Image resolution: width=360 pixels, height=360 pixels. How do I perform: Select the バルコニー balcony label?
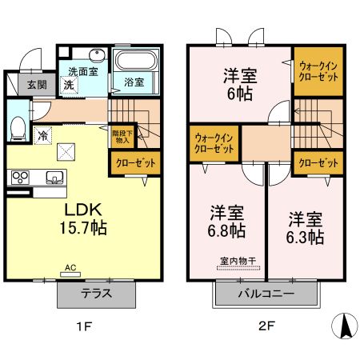[x=265, y=294]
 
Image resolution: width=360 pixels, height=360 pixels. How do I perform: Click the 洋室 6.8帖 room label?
[x=227, y=222]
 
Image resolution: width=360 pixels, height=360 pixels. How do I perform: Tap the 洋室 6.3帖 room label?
[x=305, y=228]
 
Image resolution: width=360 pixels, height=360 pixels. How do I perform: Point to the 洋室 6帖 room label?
[x=238, y=84]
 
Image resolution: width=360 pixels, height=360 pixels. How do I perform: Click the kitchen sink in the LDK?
[x=56, y=177]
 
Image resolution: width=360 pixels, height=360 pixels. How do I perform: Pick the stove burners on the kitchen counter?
[x=19, y=178]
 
